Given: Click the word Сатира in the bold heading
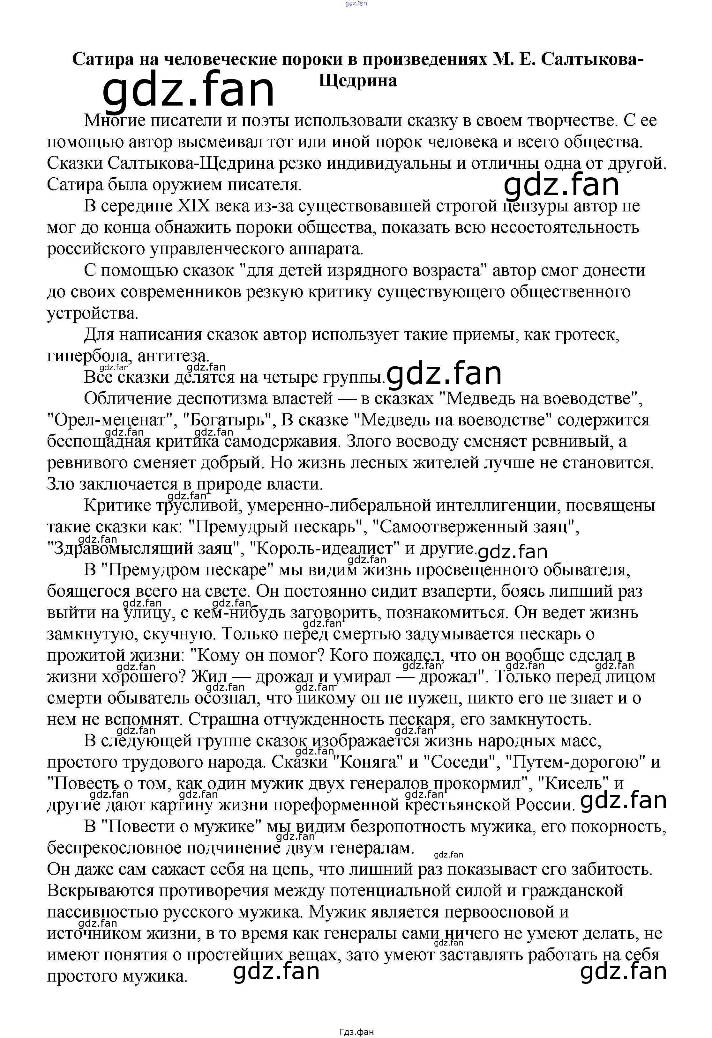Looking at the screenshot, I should [103, 59].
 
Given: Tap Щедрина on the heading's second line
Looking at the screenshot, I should [357, 80].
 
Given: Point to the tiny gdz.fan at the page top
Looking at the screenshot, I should [356, 4].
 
